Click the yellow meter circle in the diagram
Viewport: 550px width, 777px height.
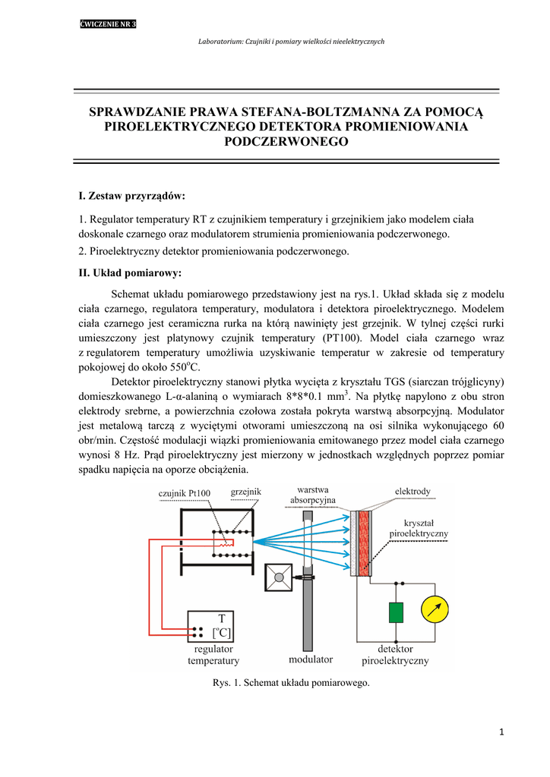437,609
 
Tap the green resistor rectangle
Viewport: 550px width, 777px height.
395,612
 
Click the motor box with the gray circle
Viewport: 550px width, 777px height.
279,578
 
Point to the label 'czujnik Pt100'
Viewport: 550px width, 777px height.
185,494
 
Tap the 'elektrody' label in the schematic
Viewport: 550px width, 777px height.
412,491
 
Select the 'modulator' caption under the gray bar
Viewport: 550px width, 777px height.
310,659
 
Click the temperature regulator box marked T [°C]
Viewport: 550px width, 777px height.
211,626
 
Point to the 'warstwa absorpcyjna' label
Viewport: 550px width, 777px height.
312,495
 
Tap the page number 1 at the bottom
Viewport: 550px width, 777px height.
502,731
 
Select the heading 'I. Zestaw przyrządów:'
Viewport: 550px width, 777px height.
132,197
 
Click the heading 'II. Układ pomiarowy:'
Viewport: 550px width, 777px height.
130,273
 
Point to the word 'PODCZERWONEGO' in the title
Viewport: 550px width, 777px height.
286,142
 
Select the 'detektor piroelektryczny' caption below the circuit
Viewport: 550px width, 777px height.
395,655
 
